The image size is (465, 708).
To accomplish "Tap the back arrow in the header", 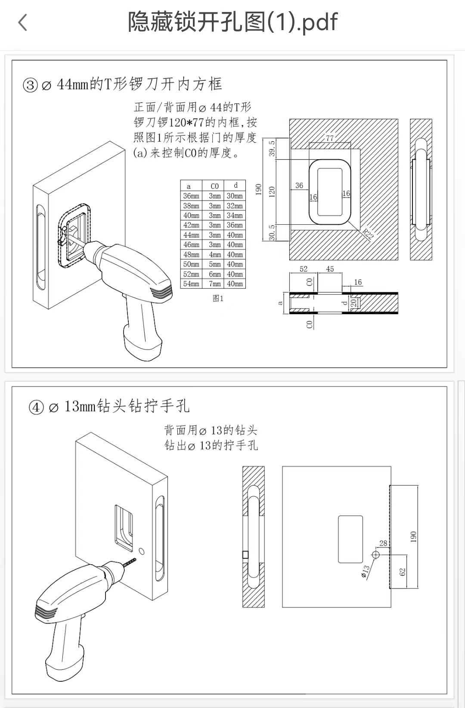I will [23, 22].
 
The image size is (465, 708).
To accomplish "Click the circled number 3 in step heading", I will [31, 85].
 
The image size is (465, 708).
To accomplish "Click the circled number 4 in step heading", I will [37, 407].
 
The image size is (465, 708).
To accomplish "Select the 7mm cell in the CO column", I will [214, 284].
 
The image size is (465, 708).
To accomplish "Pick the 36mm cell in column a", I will [191, 196].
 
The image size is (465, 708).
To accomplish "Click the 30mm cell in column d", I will [235, 196].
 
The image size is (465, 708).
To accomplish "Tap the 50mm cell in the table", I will [191, 264].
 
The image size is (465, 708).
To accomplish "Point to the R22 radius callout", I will [367, 234].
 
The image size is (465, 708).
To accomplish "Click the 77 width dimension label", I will [330, 138].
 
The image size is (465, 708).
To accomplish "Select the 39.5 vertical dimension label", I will [272, 148].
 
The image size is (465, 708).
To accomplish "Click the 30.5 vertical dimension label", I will [272, 232].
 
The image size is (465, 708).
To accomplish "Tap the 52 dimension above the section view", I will [304, 269].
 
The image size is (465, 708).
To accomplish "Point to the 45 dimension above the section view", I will [330, 269].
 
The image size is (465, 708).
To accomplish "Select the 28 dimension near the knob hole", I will [383, 543].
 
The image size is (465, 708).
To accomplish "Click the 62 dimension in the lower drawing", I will [403, 572].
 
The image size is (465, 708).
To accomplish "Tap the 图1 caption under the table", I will [218, 298].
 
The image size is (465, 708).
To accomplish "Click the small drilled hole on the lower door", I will [142, 551].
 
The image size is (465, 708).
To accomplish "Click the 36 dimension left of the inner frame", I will [299, 186].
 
